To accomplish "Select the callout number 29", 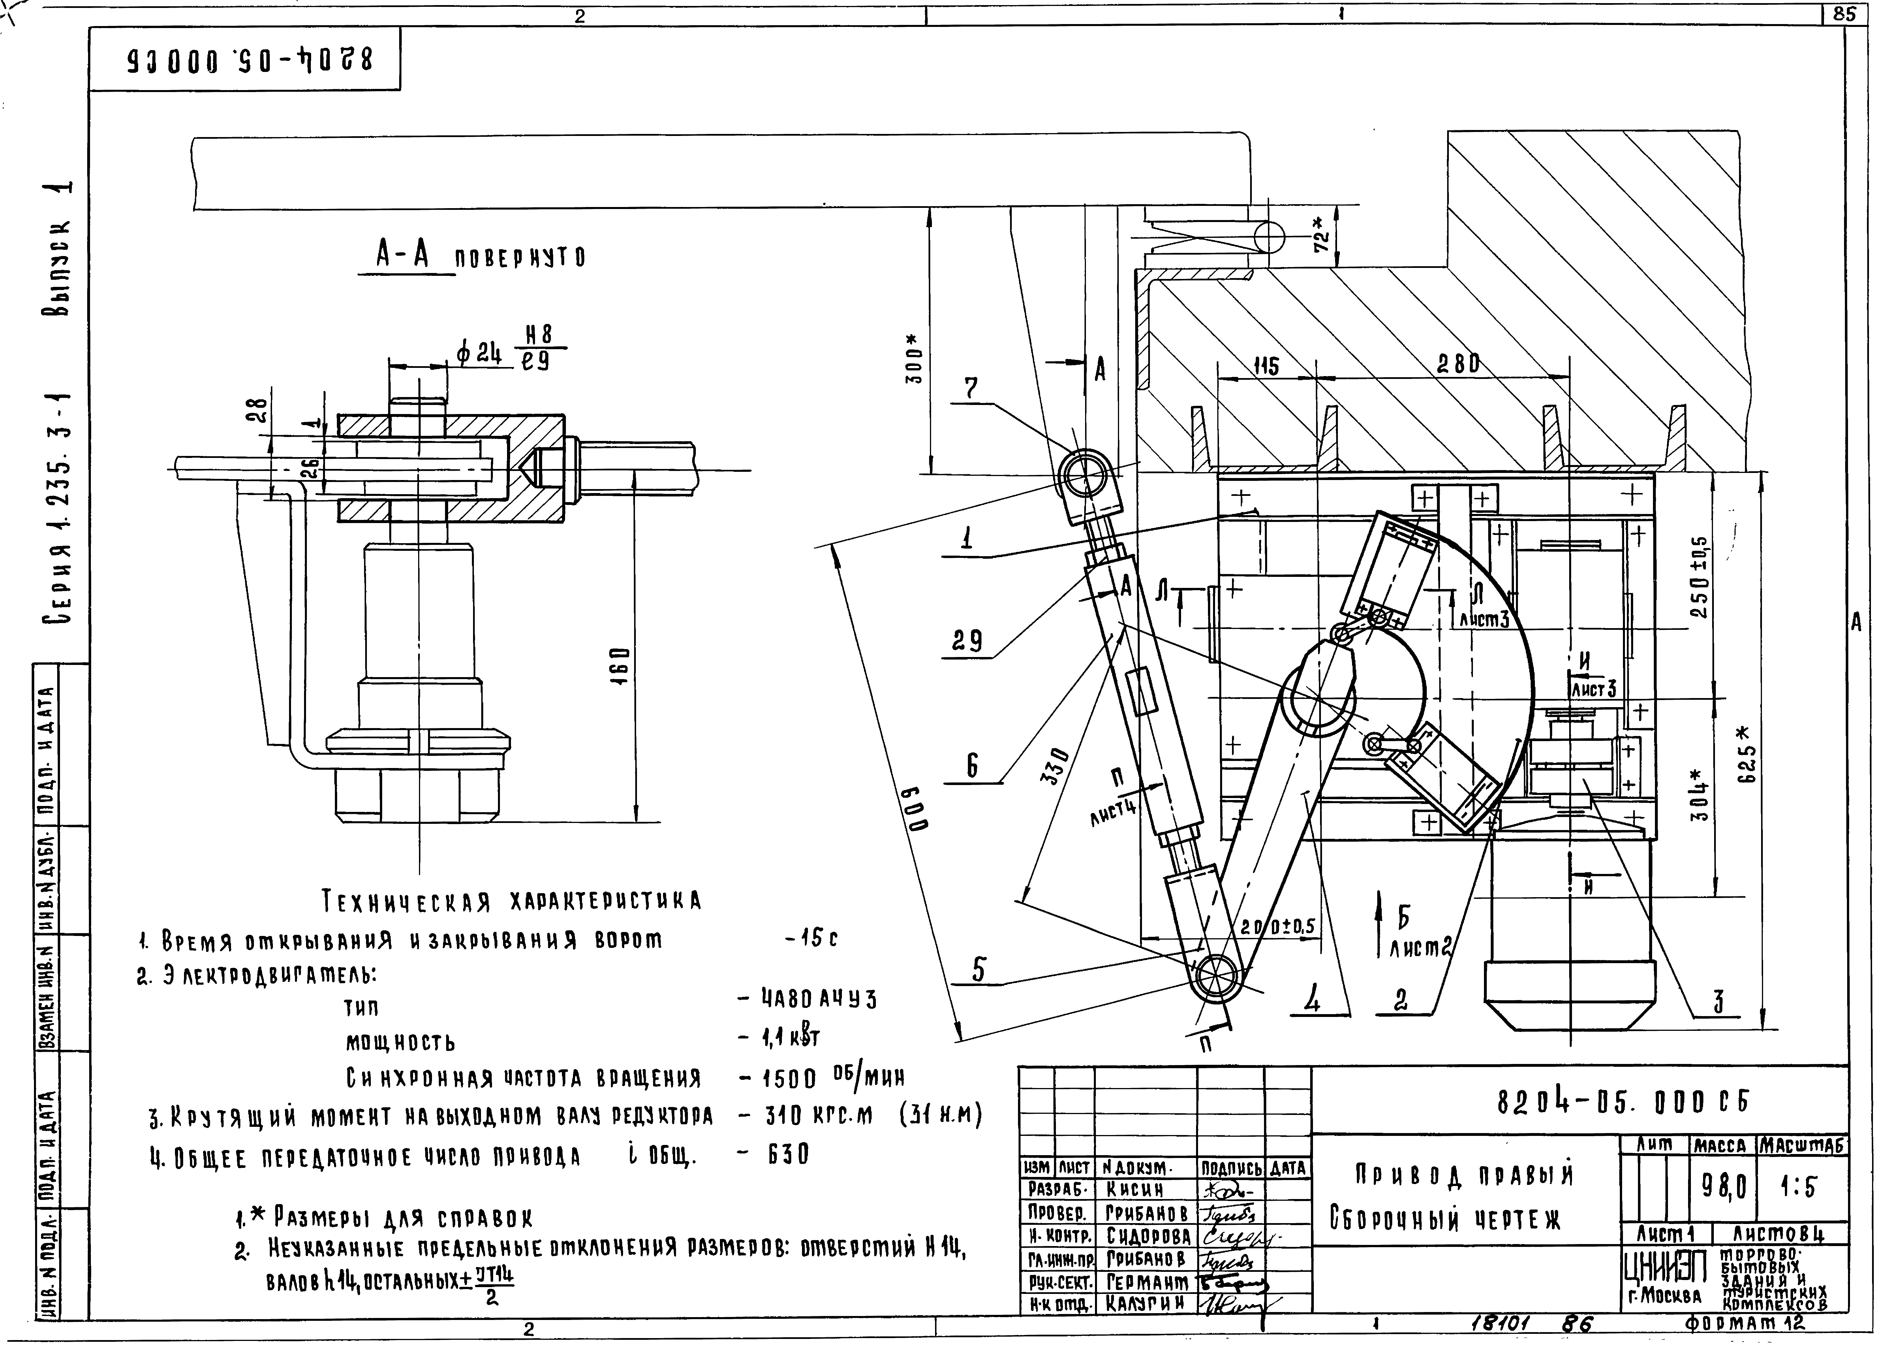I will [x=967, y=641].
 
